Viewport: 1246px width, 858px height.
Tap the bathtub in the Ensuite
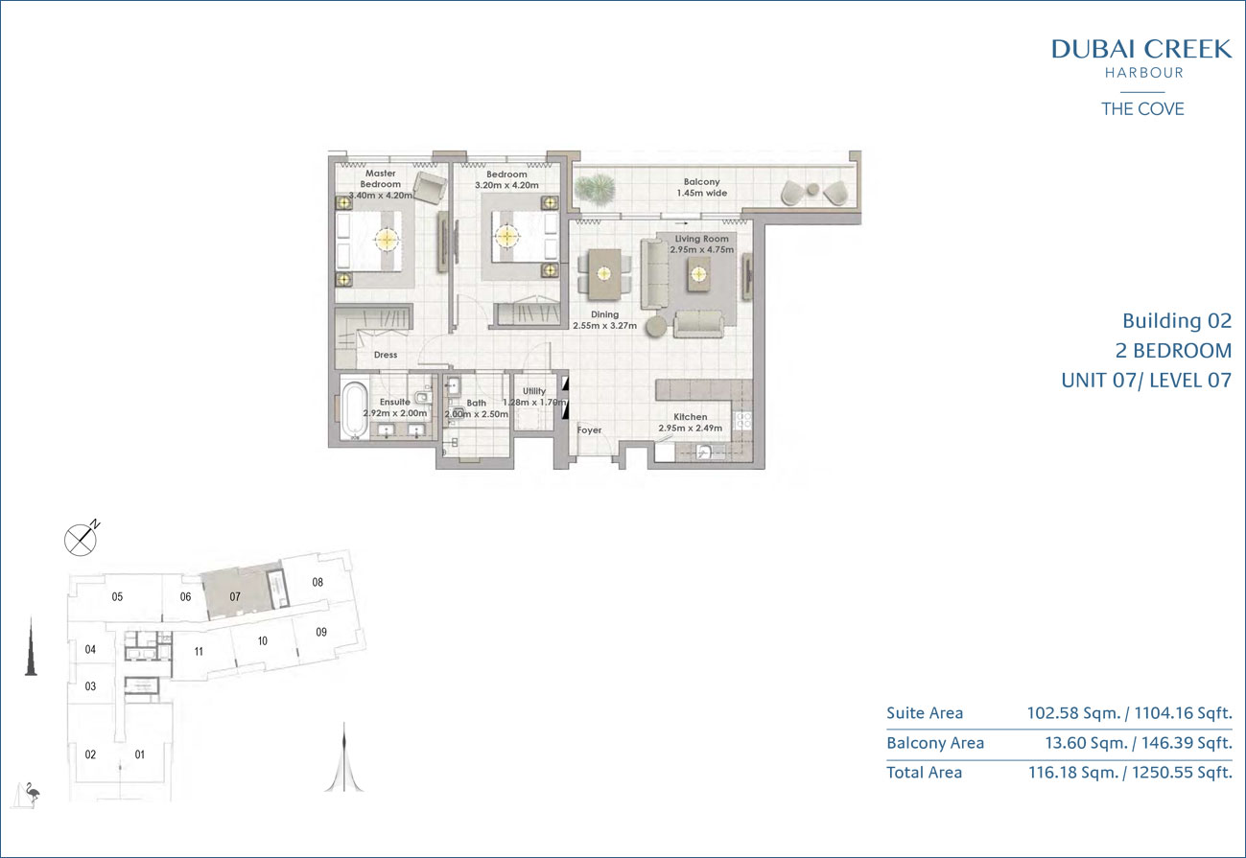click(353, 410)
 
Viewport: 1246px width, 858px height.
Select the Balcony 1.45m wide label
click(702, 187)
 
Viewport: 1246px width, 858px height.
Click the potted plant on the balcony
click(596, 187)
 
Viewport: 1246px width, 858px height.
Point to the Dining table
click(604, 274)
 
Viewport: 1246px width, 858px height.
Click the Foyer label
click(589, 429)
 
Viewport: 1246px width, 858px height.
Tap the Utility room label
click(534, 391)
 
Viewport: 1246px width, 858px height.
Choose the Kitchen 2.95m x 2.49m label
click(691, 422)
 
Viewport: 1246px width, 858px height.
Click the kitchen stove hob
click(743, 420)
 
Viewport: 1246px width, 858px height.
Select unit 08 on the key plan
click(317, 582)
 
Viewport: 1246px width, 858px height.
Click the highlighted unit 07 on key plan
click(241, 594)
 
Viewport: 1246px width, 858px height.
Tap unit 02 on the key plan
click(90, 754)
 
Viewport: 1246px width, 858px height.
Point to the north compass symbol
click(82, 538)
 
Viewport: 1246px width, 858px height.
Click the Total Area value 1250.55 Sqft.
click(1182, 773)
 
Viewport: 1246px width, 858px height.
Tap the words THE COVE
click(1142, 109)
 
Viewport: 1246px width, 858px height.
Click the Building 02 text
click(1177, 321)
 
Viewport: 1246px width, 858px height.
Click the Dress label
click(386, 355)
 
